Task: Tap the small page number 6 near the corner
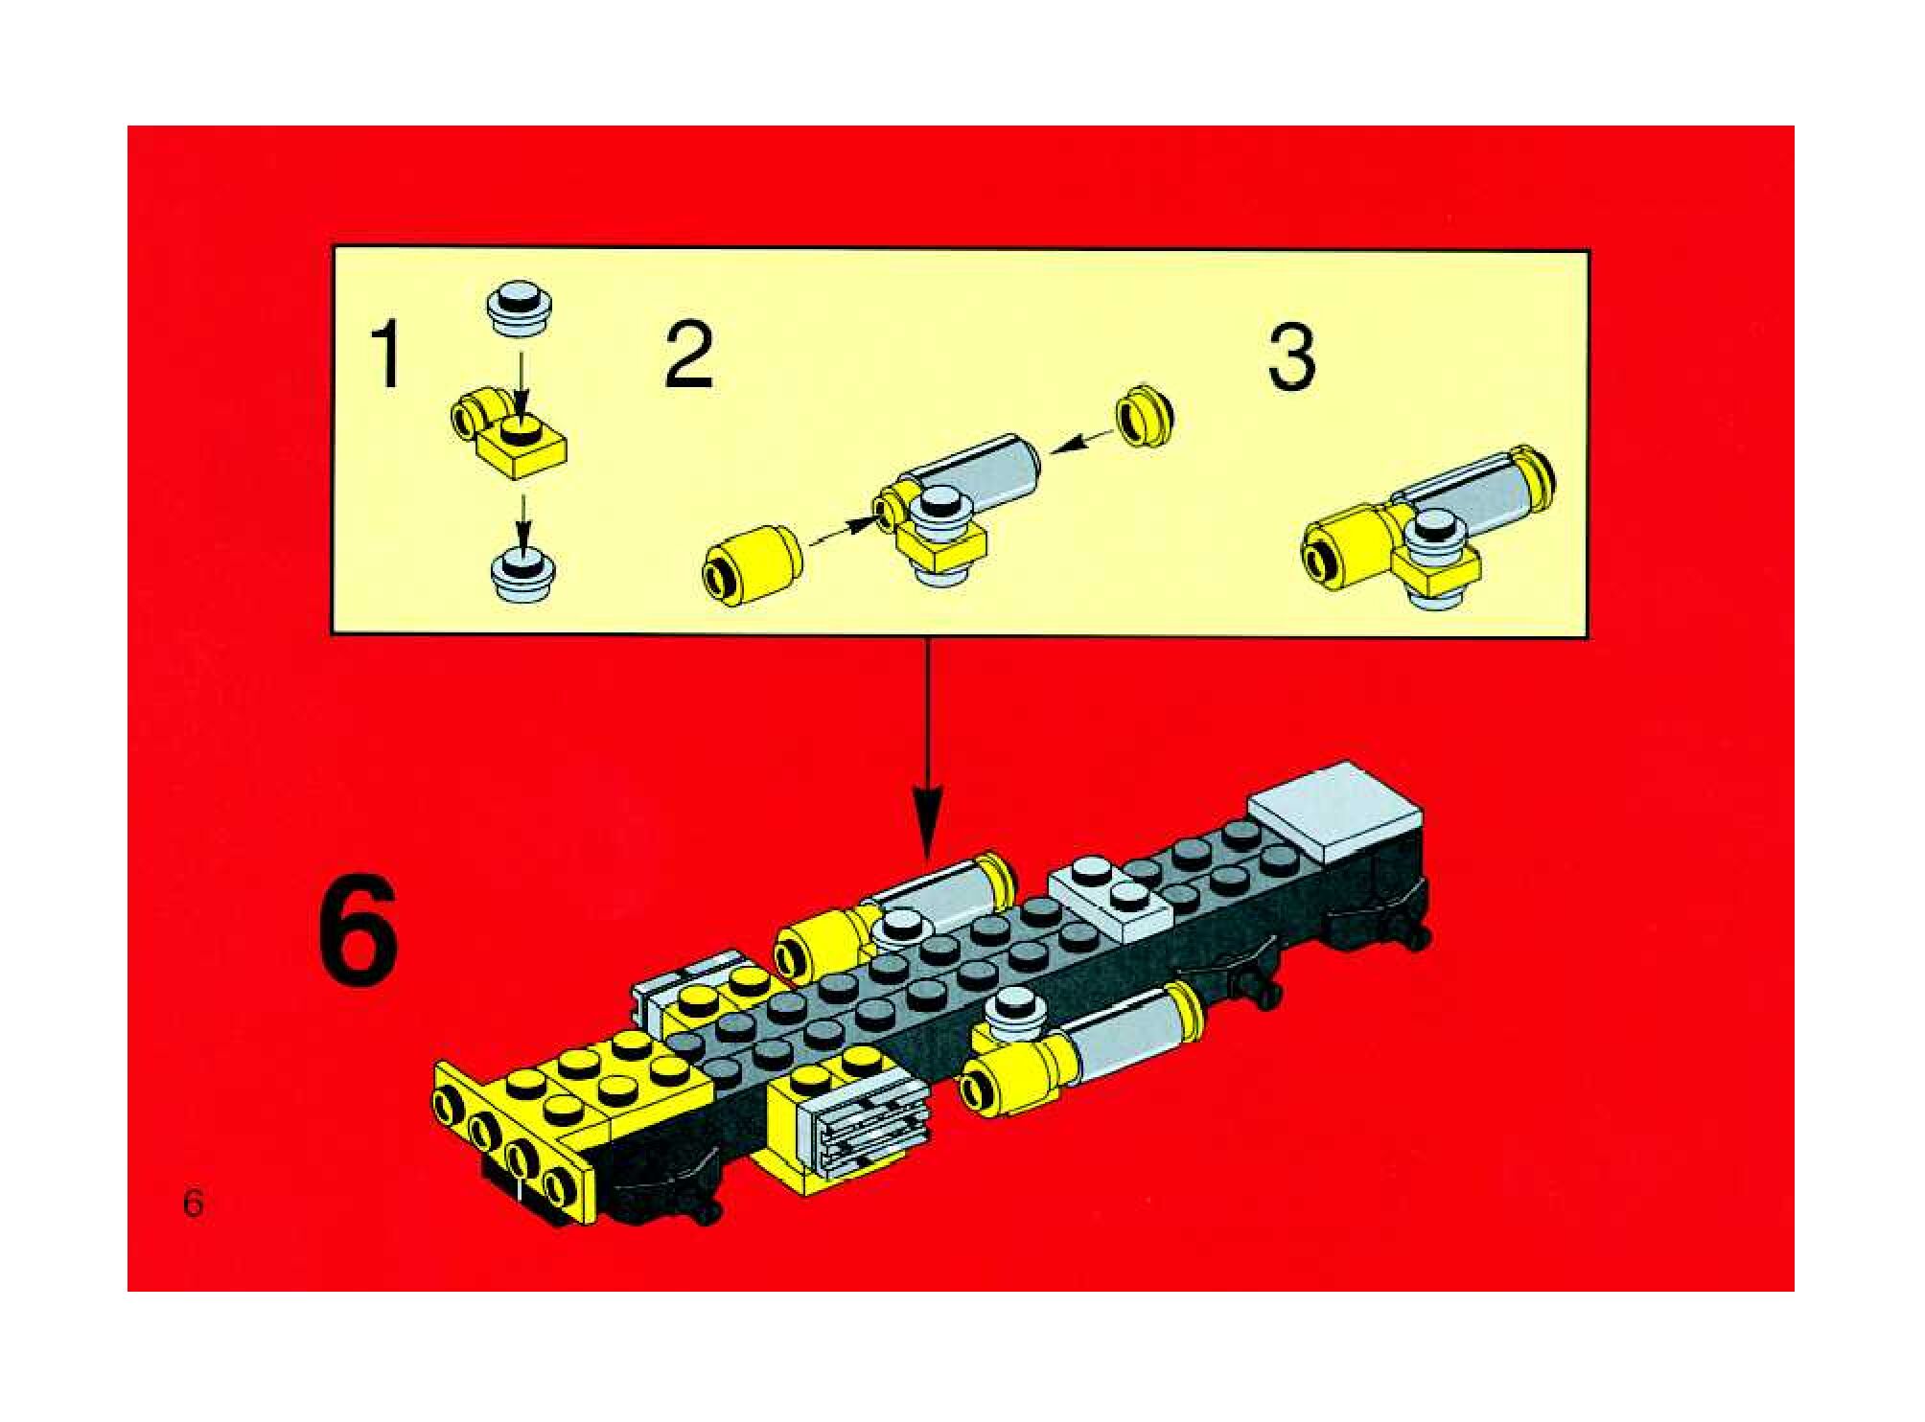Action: click(x=194, y=1202)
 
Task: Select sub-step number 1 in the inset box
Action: click(x=387, y=355)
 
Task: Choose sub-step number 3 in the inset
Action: click(x=1291, y=356)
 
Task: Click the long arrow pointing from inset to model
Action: click(x=927, y=747)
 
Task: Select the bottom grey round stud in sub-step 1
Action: click(x=522, y=573)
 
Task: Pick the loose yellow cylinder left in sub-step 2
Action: click(x=753, y=567)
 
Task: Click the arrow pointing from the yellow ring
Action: click(x=1084, y=441)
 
